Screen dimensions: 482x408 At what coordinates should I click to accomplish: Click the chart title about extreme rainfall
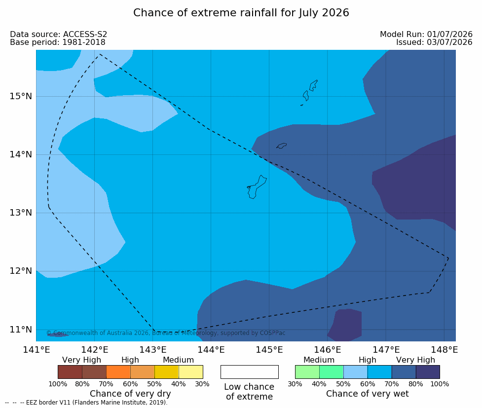[241, 13]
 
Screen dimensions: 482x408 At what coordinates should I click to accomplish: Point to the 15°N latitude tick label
[21, 96]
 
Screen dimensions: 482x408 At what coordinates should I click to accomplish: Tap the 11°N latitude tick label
[21, 330]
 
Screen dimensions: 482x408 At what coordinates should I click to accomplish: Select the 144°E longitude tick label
[211, 350]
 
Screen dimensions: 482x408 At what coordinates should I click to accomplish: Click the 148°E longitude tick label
[444, 350]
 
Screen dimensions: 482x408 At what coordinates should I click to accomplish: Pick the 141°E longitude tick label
[37, 350]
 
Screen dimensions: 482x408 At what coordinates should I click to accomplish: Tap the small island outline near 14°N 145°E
[281, 146]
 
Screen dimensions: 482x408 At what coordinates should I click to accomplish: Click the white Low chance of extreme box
[250, 372]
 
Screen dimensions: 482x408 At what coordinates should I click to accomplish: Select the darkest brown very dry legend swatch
[70, 372]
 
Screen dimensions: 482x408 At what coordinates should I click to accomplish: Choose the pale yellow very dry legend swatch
[191, 372]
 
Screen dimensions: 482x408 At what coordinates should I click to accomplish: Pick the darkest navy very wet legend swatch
[428, 372]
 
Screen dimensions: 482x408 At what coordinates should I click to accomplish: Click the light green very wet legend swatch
[307, 372]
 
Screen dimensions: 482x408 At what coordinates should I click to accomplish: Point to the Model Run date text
[426, 34]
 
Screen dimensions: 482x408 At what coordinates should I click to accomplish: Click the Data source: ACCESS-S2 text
[58, 34]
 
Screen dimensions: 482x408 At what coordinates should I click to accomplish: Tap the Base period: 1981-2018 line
[58, 42]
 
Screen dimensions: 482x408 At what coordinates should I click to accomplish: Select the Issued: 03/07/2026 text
[434, 42]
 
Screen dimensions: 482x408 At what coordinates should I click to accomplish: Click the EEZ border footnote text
[86, 403]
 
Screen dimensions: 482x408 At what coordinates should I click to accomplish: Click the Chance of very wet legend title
[368, 394]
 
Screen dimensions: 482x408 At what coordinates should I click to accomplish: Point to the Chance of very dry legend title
[130, 394]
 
